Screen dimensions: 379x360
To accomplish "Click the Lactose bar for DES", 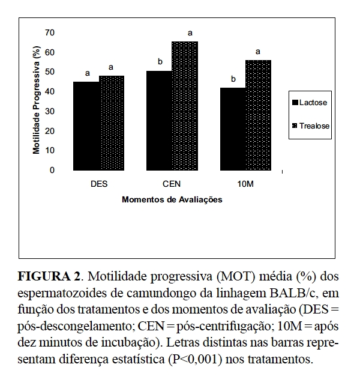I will pyautogui.click(x=87, y=126).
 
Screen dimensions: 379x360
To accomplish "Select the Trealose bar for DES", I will pyautogui.click(x=112, y=123).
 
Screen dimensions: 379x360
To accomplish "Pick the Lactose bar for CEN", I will pyautogui.click(x=160, y=121).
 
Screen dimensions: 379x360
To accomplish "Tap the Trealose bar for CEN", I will pyautogui.click(x=184, y=106).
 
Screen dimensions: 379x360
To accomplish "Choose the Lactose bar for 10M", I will pyautogui.click(x=233, y=129).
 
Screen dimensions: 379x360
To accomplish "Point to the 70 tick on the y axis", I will pyautogui.click(x=50, y=32).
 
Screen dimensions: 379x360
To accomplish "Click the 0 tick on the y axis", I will pyautogui.click(x=52, y=171).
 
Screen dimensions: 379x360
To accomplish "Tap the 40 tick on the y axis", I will pyautogui.click(x=50, y=91).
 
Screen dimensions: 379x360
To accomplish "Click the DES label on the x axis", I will pyautogui.click(x=99, y=184).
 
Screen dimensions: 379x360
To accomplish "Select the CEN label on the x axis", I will pyautogui.click(x=172, y=184).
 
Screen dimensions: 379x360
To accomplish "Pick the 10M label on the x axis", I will pyautogui.click(x=245, y=184).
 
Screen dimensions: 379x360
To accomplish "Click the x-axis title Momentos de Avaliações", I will pyautogui.click(x=172, y=200).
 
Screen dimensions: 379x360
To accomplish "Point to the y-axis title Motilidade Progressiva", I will pyautogui.click(x=37, y=102).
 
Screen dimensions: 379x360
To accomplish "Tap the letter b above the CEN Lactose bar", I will pyautogui.click(x=160, y=61).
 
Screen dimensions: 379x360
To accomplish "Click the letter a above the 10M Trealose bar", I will pyautogui.click(x=257, y=52).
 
